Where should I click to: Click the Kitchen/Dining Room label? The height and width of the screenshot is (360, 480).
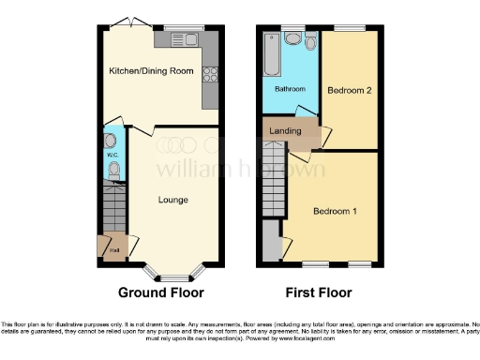tap(150, 71)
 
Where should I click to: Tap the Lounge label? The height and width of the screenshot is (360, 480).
tap(173, 200)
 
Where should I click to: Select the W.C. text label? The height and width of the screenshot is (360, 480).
tap(112, 156)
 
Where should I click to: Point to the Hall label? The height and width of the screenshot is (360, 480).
tap(114, 249)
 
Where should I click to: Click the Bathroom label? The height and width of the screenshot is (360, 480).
tap(290, 89)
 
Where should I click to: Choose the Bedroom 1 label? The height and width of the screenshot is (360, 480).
tap(335, 210)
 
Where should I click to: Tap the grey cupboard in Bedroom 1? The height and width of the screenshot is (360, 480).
tap(271, 242)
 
